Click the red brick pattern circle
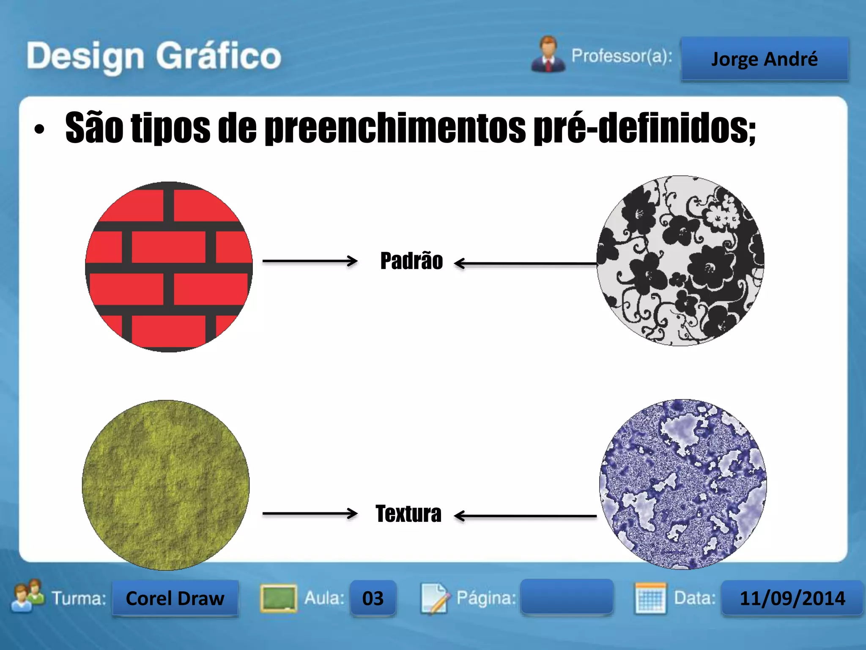[x=169, y=267]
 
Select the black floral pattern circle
[x=680, y=261]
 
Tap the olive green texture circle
[x=166, y=485]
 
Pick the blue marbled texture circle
[x=683, y=484]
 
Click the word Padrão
[x=411, y=261]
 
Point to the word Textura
[x=408, y=514]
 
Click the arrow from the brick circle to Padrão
[x=310, y=261]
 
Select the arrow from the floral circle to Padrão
[x=525, y=263]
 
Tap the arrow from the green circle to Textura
[x=310, y=513]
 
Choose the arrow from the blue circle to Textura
[x=525, y=516]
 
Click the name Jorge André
[x=765, y=59]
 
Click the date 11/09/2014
[x=792, y=598]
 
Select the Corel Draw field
[x=175, y=598]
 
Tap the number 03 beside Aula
[x=373, y=598]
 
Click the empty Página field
[x=567, y=597]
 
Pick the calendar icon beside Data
[x=650, y=598]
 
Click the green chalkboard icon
[x=278, y=598]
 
